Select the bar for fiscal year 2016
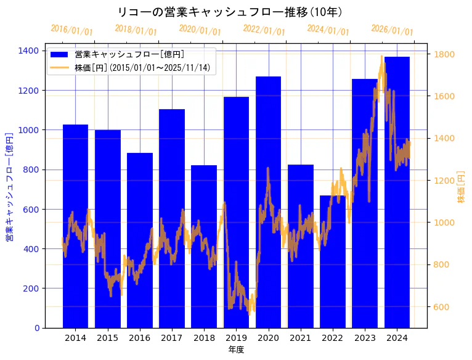140,240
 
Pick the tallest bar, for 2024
397,192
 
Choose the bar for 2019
236,212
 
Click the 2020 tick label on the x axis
268,338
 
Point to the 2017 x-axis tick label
171,338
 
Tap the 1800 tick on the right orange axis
444,54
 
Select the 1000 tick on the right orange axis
444,223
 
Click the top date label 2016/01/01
72,30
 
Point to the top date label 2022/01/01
264,30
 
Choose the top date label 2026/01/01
393,30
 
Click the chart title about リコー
230,12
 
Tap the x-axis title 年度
236,350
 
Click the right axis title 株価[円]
461,189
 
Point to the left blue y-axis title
9,187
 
